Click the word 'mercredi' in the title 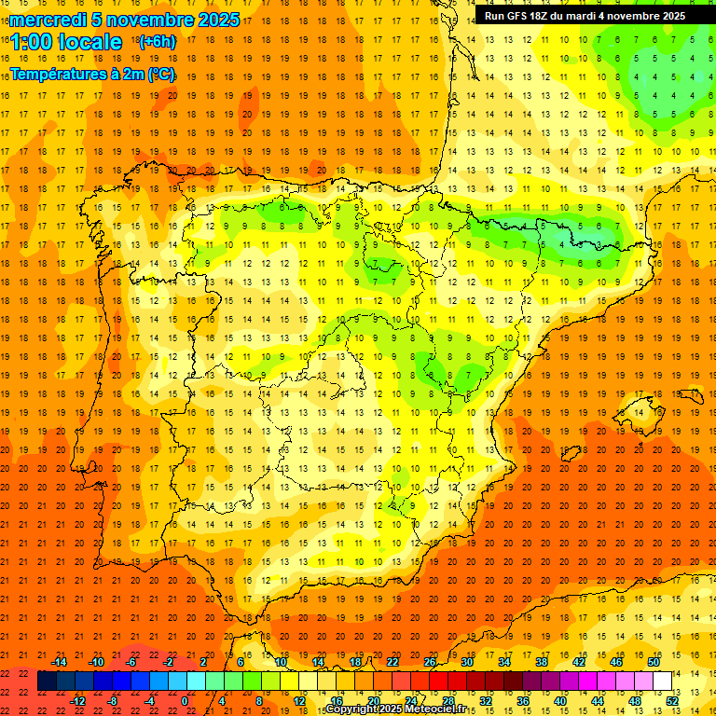click(x=48, y=20)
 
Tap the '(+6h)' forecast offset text click(x=156, y=41)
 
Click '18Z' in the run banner click(x=546, y=16)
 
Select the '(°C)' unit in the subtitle click(x=160, y=74)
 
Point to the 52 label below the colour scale click(x=672, y=701)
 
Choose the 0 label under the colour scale click(x=186, y=701)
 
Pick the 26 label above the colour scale click(x=430, y=662)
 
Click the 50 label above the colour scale click(x=654, y=662)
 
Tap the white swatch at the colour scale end click(x=662, y=682)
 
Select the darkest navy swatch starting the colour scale click(x=47, y=682)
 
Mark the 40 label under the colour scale click(x=560, y=701)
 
